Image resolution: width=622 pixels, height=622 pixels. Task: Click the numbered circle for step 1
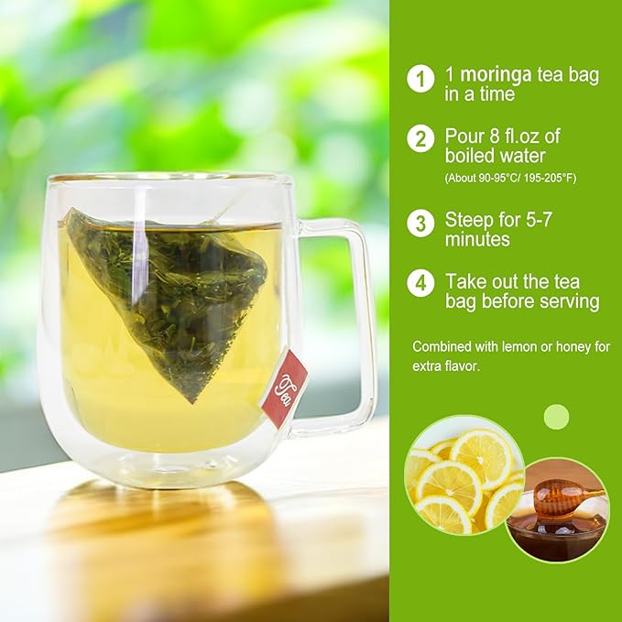[x=420, y=79]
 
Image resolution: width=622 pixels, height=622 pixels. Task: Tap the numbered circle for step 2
[x=420, y=138]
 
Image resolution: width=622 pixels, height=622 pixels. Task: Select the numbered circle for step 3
[x=420, y=223]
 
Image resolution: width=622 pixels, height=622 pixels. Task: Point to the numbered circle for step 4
[x=420, y=283]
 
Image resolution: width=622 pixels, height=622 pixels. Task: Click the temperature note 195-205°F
[x=551, y=178]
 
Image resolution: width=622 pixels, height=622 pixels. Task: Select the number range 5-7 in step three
[x=539, y=220]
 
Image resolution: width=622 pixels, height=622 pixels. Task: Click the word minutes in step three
[x=477, y=239]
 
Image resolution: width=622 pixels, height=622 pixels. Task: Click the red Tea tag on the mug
[x=285, y=388]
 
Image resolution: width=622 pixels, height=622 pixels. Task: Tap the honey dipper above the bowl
[x=565, y=497]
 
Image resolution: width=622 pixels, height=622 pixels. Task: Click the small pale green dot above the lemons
[x=556, y=417]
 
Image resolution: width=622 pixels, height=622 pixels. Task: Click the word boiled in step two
[x=469, y=156]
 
